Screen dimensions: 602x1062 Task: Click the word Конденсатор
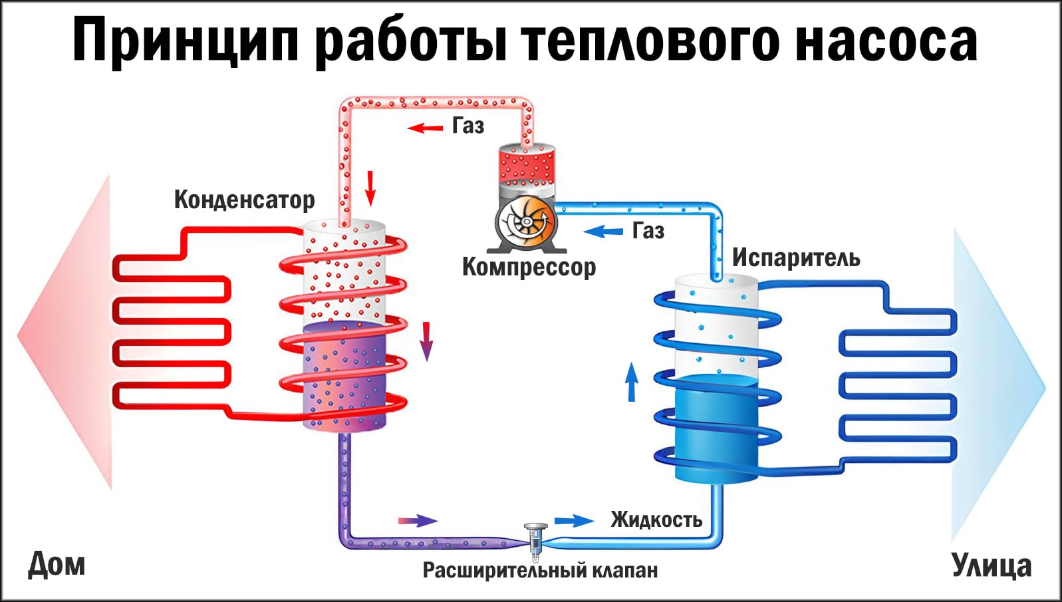244,200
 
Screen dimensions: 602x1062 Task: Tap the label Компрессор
529,267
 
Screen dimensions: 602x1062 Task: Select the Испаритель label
796,258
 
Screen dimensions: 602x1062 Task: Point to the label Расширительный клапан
540,571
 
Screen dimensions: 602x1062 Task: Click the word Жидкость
656,520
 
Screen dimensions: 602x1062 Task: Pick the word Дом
57,564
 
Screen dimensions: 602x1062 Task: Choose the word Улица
992,565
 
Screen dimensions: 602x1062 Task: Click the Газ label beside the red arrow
468,126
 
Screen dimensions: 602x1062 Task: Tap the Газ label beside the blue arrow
648,231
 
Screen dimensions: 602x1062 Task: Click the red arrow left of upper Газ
425,127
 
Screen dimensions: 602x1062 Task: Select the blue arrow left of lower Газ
603,231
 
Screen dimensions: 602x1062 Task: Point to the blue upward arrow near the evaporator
632,381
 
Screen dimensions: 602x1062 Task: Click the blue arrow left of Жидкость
574,520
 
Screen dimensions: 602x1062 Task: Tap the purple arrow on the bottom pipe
418,520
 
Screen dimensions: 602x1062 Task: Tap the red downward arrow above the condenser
370,188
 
